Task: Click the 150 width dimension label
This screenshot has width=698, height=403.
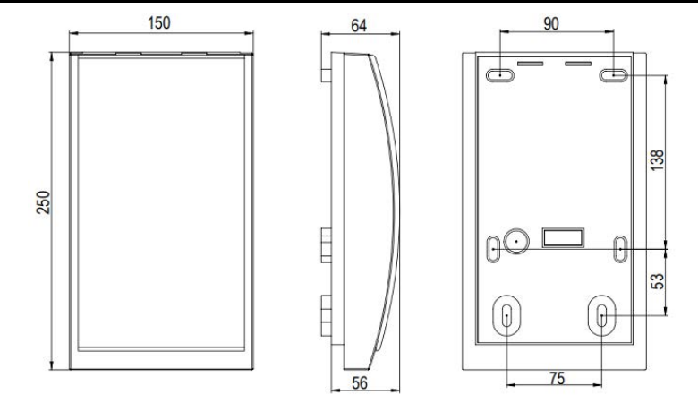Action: coord(159,22)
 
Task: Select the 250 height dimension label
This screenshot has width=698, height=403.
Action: coord(43,202)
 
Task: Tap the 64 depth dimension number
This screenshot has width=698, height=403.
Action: coord(359,25)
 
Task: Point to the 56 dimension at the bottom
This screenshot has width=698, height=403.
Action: coord(360,383)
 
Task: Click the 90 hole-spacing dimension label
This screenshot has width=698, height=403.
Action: coord(551,23)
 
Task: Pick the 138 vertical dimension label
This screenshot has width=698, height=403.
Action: coord(657,160)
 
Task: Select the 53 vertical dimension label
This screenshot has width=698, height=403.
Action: coord(657,281)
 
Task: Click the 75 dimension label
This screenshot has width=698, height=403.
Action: coord(557,378)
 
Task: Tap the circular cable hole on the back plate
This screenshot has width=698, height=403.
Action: coord(516,241)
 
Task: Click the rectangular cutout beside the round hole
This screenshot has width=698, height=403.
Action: coord(563,237)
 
